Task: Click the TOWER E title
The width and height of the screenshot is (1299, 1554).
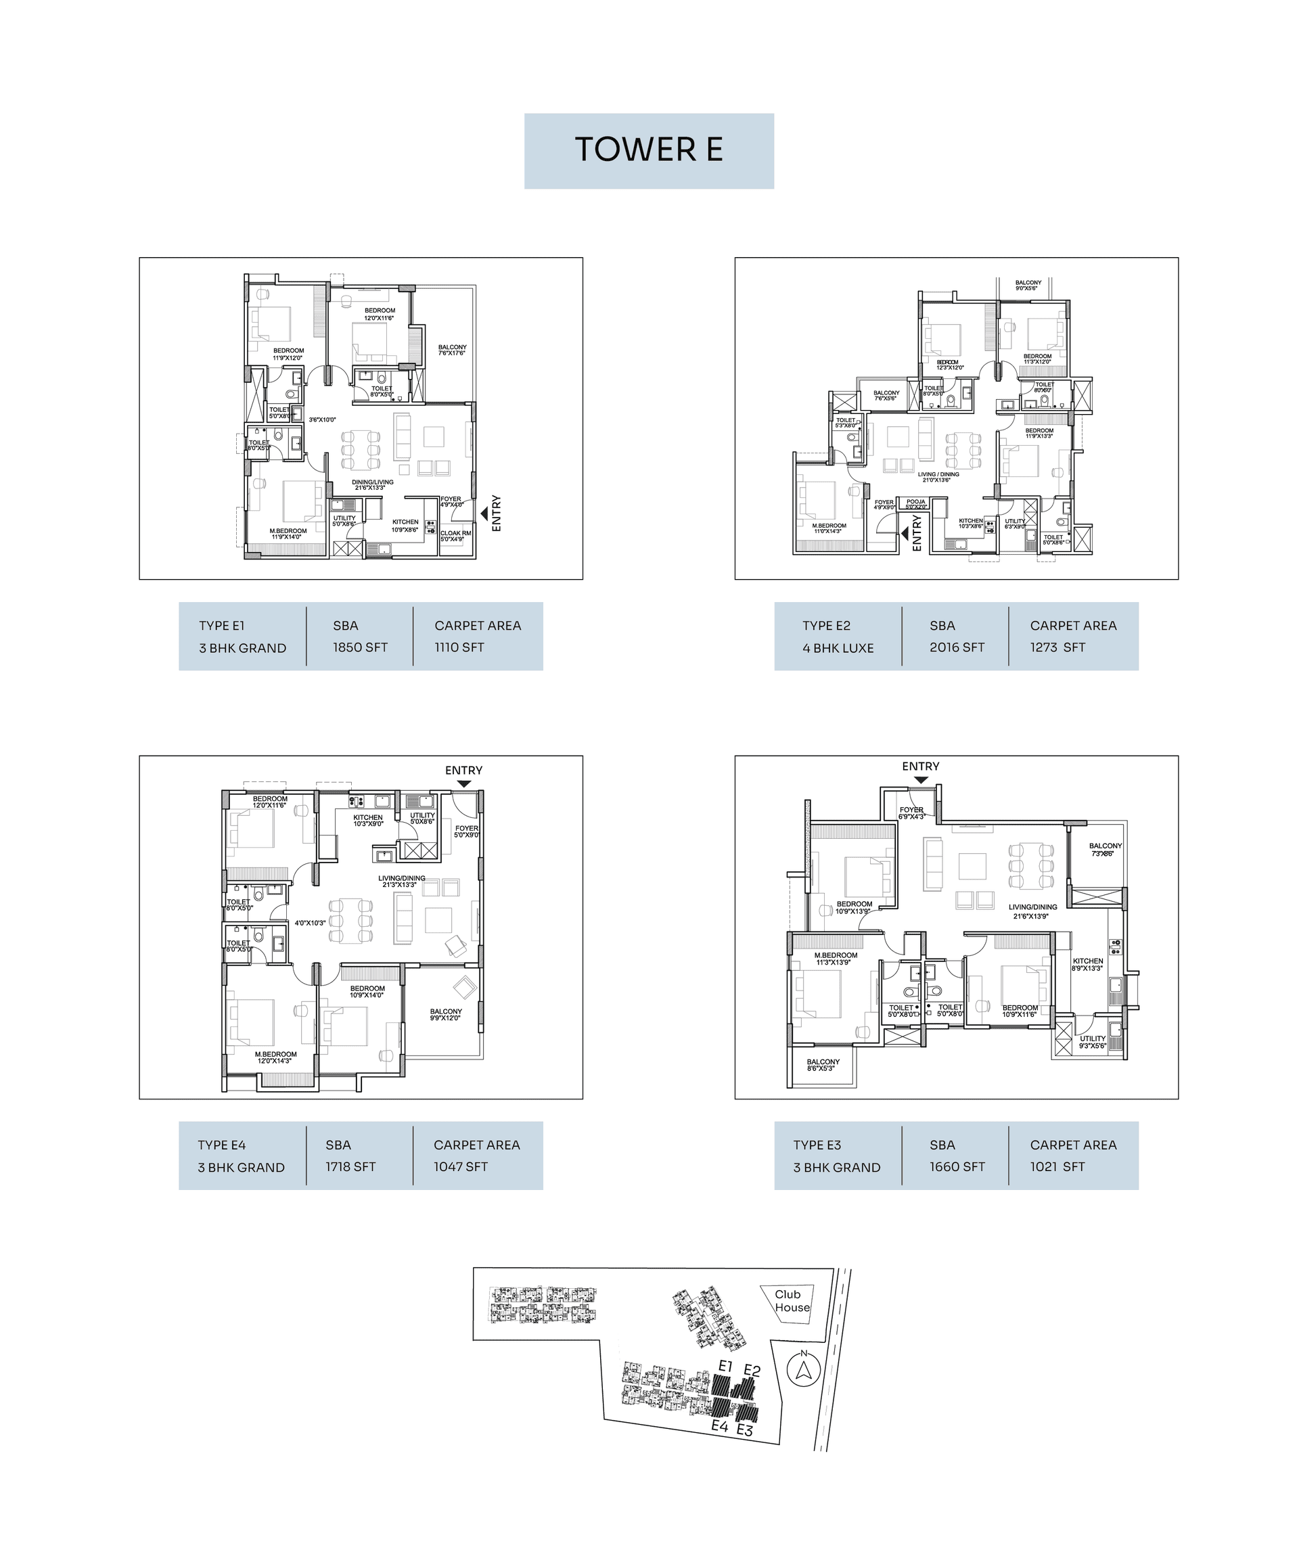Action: click(x=648, y=150)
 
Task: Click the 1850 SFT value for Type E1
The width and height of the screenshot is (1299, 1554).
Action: click(x=360, y=647)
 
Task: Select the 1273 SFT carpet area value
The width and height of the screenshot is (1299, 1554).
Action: click(x=1057, y=647)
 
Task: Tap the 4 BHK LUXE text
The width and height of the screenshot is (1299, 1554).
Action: click(x=838, y=648)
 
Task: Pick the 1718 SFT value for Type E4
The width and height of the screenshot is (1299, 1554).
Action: click(x=350, y=1167)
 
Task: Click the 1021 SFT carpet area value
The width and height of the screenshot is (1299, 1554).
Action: click(x=1057, y=1167)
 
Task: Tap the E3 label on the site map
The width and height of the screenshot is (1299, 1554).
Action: click(x=745, y=1430)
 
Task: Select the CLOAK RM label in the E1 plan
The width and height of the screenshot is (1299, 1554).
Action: click(x=455, y=536)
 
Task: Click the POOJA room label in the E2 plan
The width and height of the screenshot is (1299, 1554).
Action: click(x=915, y=504)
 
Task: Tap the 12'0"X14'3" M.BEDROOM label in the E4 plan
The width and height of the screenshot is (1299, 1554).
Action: click(x=275, y=1057)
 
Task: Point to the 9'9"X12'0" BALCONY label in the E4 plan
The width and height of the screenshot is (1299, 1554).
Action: click(x=446, y=1015)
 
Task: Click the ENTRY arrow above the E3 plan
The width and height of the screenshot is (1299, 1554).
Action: click(x=921, y=779)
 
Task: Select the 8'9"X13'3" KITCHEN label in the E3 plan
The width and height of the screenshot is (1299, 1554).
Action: click(x=1087, y=964)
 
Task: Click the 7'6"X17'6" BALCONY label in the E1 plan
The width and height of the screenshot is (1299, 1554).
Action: click(x=451, y=350)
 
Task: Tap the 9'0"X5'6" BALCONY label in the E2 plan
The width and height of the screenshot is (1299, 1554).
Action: click(x=1028, y=285)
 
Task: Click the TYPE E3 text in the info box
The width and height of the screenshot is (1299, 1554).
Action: click(x=817, y=1145)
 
